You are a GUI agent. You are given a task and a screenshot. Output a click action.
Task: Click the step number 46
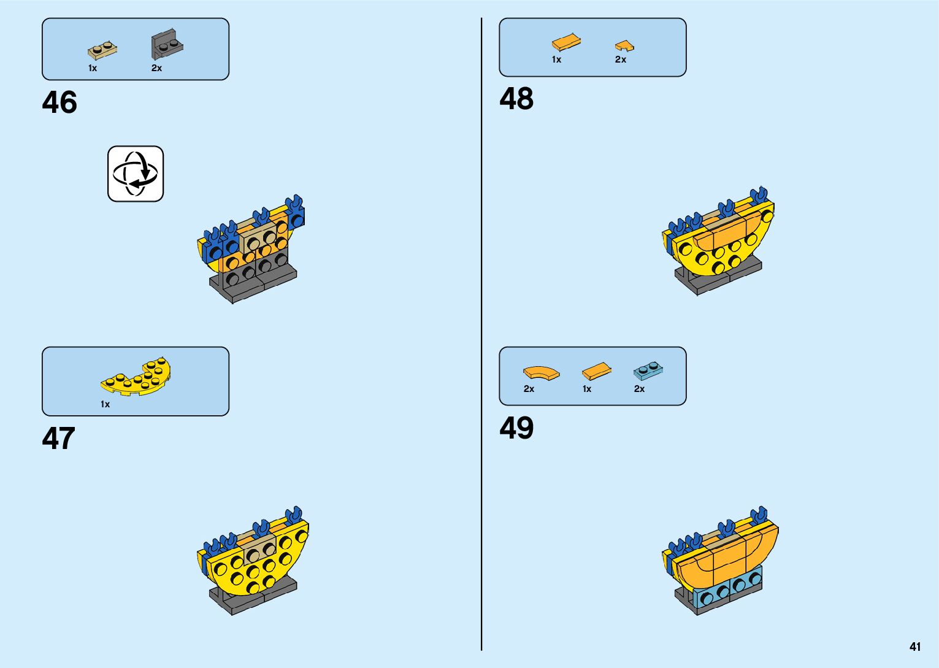pos(59,102)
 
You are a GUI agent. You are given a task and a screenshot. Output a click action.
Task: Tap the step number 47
pos(59,439)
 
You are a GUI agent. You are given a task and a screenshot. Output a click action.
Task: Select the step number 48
pos(516,99)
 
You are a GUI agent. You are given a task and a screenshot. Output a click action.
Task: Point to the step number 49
pos(516,428)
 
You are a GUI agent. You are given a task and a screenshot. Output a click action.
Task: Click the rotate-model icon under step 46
pos(136,174)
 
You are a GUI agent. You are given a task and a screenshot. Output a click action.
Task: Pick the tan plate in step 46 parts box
pos(102,50)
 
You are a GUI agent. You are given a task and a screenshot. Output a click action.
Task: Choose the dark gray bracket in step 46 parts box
pos(167,45)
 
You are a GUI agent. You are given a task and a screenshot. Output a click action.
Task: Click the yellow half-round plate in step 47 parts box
pos(137,376)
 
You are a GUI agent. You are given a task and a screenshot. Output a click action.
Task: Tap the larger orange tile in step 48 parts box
pos(567,42)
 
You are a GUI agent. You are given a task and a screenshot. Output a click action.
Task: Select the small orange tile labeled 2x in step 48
pos(624,46)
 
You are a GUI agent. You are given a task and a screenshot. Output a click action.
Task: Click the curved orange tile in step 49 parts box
pos(541,373)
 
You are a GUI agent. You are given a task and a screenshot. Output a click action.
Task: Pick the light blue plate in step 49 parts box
pos(648,370)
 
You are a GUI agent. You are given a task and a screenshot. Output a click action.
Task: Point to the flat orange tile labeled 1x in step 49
pos(596,371)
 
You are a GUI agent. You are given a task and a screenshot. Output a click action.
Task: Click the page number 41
pos(915,647)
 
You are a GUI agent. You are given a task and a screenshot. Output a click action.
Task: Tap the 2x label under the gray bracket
pos(157,68)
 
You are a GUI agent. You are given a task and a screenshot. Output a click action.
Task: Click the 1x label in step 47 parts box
pos(105,404)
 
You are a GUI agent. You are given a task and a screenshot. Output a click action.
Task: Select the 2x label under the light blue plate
pos(639,389)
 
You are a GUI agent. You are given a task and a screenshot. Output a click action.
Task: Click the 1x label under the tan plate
pos(93,68)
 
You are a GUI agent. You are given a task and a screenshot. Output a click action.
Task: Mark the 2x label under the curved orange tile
pos(529,389)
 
